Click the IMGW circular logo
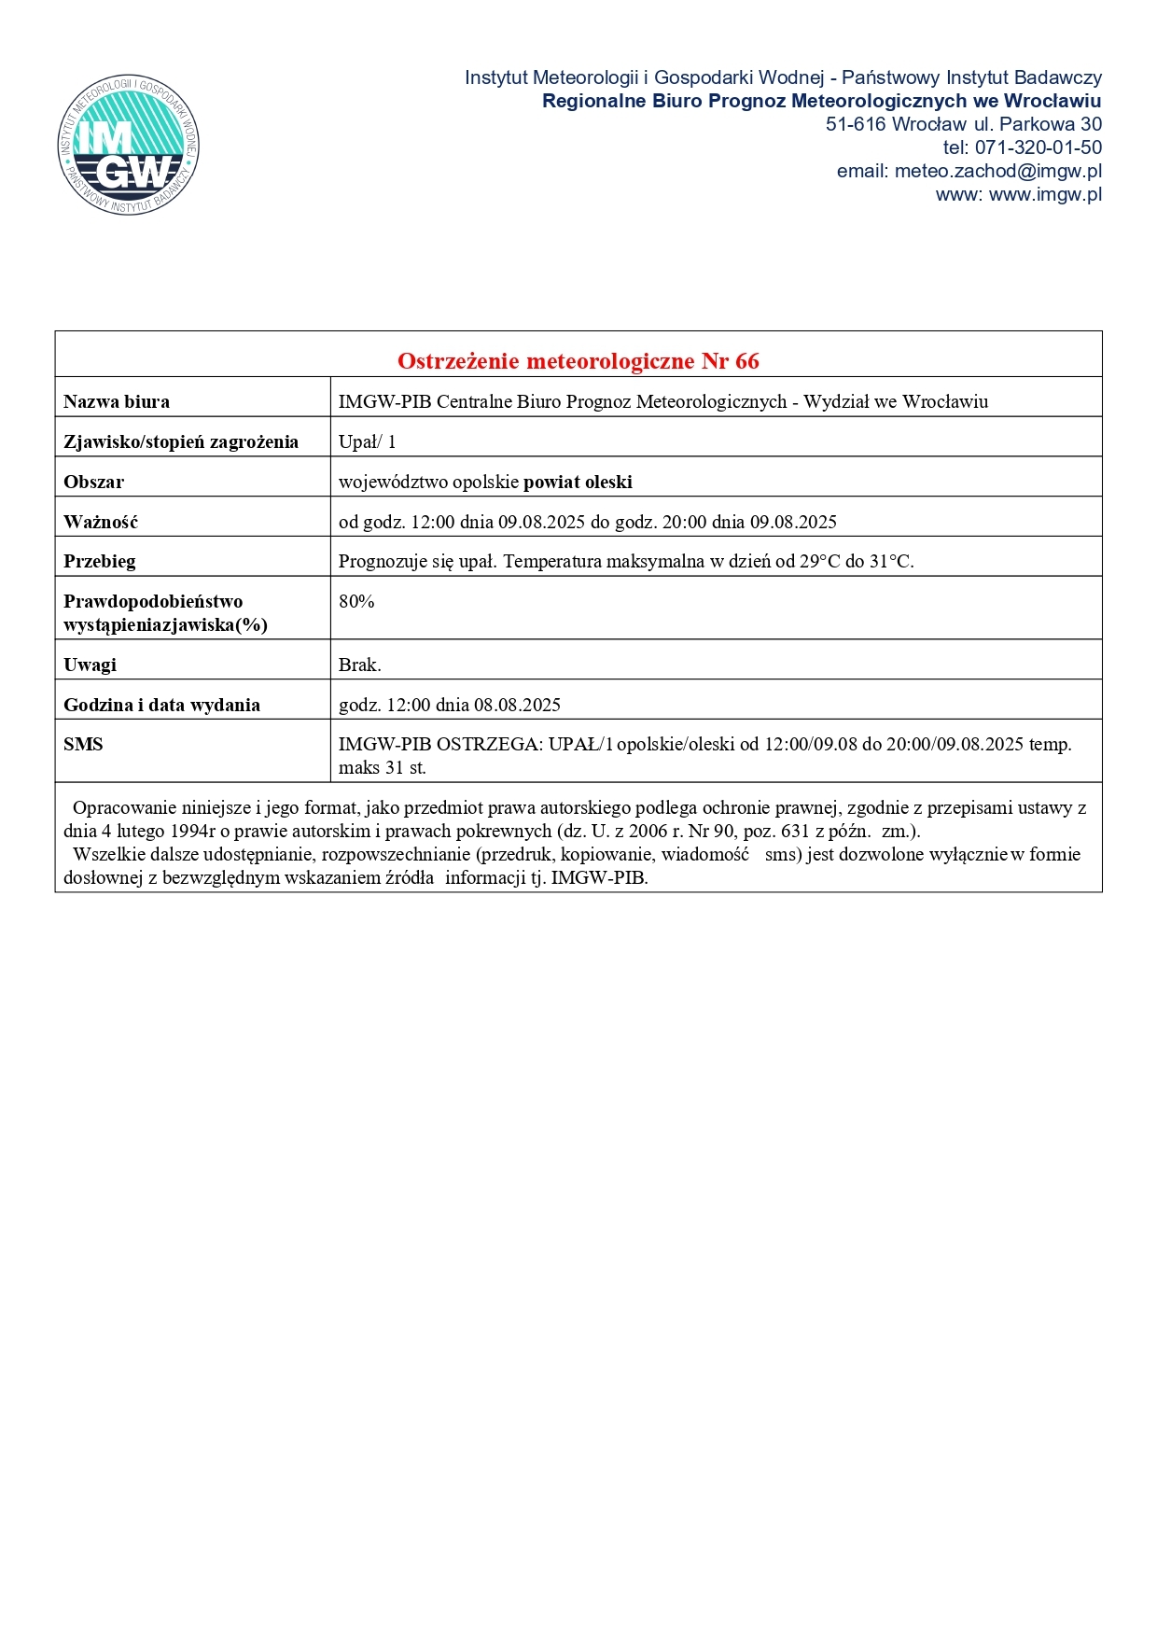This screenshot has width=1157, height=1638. pos(128,145)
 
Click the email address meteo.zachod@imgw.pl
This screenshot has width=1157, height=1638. pos(997,171)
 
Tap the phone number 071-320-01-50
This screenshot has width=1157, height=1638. pos(1038,147)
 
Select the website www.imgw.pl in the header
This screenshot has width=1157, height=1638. pos(1045,194)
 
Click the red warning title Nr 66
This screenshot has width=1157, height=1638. pos(578,360)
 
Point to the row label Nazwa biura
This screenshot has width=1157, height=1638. pos(117,402)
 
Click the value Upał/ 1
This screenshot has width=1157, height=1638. pos(367,441)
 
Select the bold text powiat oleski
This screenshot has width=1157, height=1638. pos(578,482)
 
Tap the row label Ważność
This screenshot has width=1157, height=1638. pos(101,522)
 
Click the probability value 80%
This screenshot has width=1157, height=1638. pos(356,601)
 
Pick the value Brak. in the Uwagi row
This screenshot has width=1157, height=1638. pos(359,665)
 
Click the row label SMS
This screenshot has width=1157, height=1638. pos(83,744)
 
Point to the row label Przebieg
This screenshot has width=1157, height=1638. pos(100,561)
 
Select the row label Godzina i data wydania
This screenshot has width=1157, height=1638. pos(161,705)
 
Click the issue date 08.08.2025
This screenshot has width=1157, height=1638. pos(517,705)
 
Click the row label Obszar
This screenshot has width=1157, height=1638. pos(93,482)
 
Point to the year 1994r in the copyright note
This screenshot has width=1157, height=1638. pos(193,831)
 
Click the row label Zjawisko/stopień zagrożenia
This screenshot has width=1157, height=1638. pos(181,441)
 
